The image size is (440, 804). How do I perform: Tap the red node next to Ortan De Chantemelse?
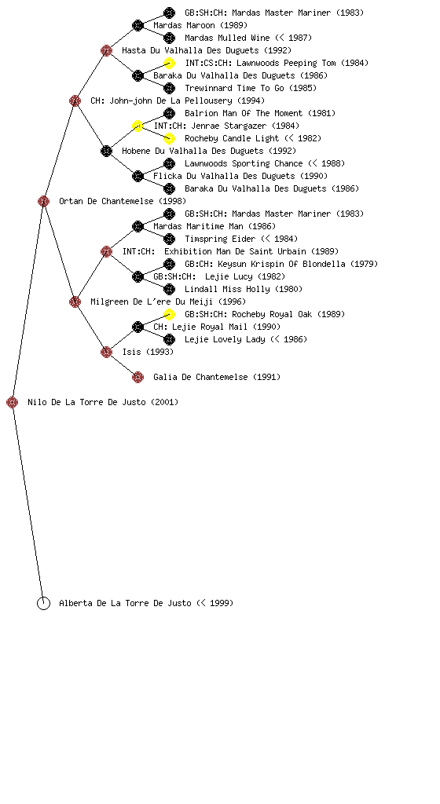point(43,202)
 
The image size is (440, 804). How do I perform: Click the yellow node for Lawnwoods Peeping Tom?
point(169,63)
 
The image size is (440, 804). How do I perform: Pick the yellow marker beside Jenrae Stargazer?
point(137,126)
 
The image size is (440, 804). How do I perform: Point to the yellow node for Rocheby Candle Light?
point(169,138)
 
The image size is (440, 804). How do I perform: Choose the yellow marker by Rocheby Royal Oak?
point(169,314)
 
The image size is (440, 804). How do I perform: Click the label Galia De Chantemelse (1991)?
point(217,378)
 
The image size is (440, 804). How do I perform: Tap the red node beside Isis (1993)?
point(106,353)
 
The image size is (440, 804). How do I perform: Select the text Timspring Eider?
point(220,239)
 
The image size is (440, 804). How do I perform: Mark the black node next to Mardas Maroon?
point(137,26)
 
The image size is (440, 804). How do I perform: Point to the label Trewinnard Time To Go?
point(234,88)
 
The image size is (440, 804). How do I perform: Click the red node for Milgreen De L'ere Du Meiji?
point(75,302)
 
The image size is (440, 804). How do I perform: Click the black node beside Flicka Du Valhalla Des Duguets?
point(137,177)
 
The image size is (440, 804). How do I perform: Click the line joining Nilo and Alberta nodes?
point(27,502)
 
